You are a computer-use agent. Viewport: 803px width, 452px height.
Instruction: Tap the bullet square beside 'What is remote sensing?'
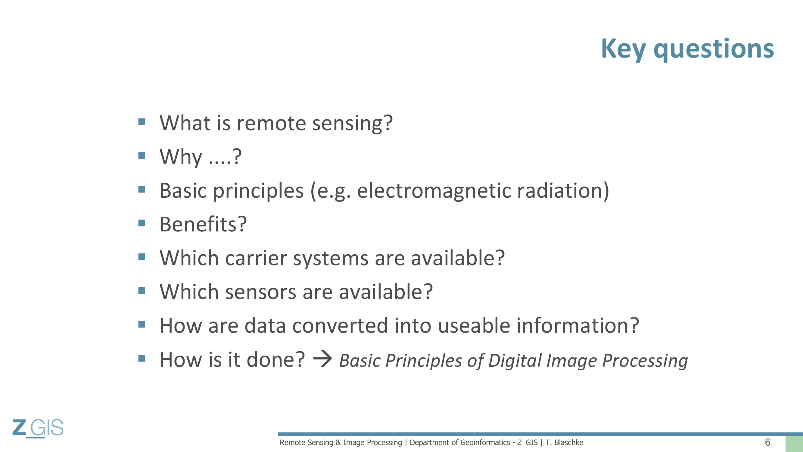(x=142, y=122)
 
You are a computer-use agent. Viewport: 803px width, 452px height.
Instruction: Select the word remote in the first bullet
(x=271, y=123)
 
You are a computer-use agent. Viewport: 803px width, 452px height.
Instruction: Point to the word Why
(x=181, y=157)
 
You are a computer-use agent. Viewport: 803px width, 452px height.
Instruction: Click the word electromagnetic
(x=434, y=191)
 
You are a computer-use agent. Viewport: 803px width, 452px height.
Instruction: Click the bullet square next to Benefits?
(x=142, y=223)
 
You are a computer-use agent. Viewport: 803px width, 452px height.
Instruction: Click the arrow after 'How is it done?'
(x=323, y=359)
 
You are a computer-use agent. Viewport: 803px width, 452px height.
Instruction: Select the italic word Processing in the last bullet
(x=645, y=361)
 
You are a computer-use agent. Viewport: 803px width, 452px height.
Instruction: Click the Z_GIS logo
(x=38, y=428)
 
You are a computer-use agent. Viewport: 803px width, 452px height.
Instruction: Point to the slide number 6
(x=768, y=442)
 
